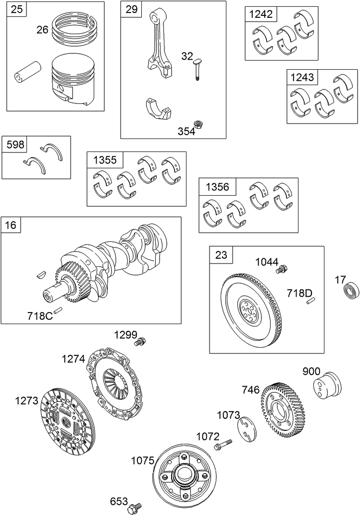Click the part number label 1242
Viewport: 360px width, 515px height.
(x=261, y=14)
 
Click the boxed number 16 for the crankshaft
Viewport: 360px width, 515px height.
(x=11, y=225)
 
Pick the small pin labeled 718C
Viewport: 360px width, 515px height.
(x=59, y=310)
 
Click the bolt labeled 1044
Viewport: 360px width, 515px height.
(x=281, y=270)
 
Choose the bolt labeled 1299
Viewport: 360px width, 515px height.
(x=140, y=342)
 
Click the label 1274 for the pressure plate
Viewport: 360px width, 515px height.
(x=73, y=359)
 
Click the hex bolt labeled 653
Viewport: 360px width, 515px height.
(x=134, y=507)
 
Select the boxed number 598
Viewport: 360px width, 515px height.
(x=15, y=144)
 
